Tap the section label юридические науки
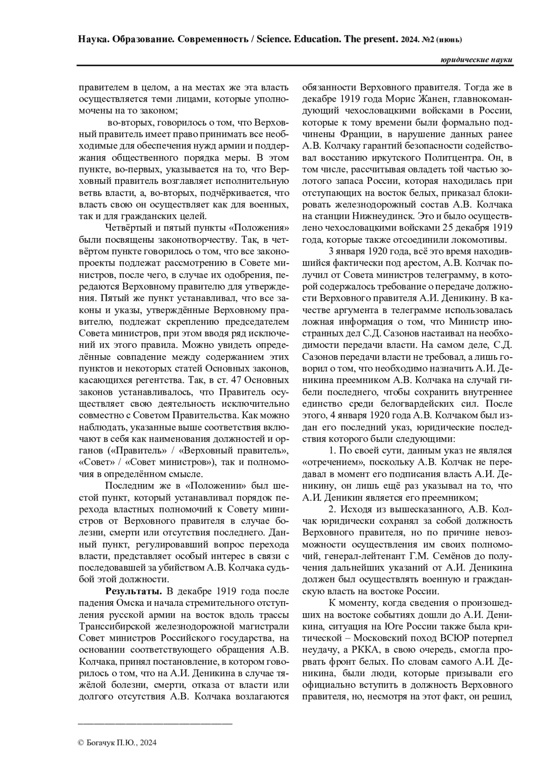point(476,60)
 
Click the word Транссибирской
point(115,626)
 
